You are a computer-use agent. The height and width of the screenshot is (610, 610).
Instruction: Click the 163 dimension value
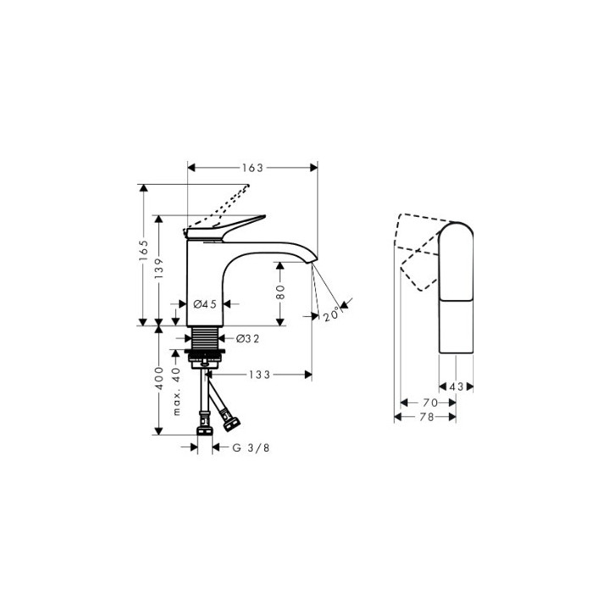click(x=252, y=167)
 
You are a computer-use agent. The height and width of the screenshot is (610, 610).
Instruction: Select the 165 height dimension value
click(x=144, y=249)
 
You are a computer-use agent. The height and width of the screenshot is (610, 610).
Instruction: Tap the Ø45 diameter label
click(x=206, y=303)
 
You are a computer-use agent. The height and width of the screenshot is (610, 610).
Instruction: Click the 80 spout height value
click(x=280, y=293)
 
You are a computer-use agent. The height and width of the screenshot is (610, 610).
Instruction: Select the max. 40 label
click(x=176, y=391)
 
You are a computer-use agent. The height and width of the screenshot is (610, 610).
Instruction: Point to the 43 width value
click(x=456, y=386)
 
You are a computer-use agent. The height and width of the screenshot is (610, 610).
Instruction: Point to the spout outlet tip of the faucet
click(x=312, y=262)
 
